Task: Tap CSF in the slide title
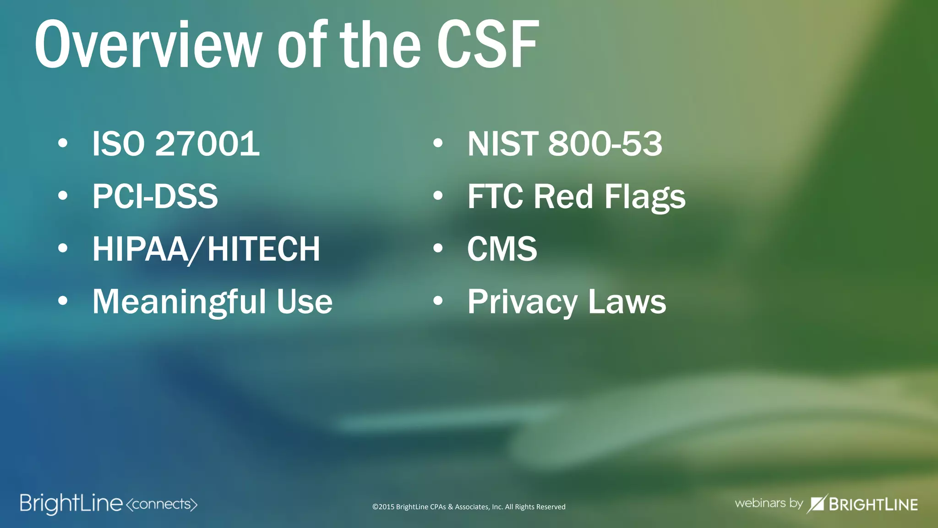tap(487, 45)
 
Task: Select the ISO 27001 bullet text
tap(176, 144)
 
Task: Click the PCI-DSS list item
tap(155, 197)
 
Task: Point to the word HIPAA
tap(140, 249)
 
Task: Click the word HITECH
tap(263, 249)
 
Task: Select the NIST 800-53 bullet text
tap(564, 144)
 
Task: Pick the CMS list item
tap(502, 249)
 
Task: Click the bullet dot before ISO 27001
tap(63, 143)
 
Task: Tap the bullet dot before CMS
tap(438, 248)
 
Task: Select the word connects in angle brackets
tap(161, 504)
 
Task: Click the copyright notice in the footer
tap(469, 507)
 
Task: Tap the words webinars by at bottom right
tap(768, 503)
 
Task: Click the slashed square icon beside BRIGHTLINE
tap(817, 504)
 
